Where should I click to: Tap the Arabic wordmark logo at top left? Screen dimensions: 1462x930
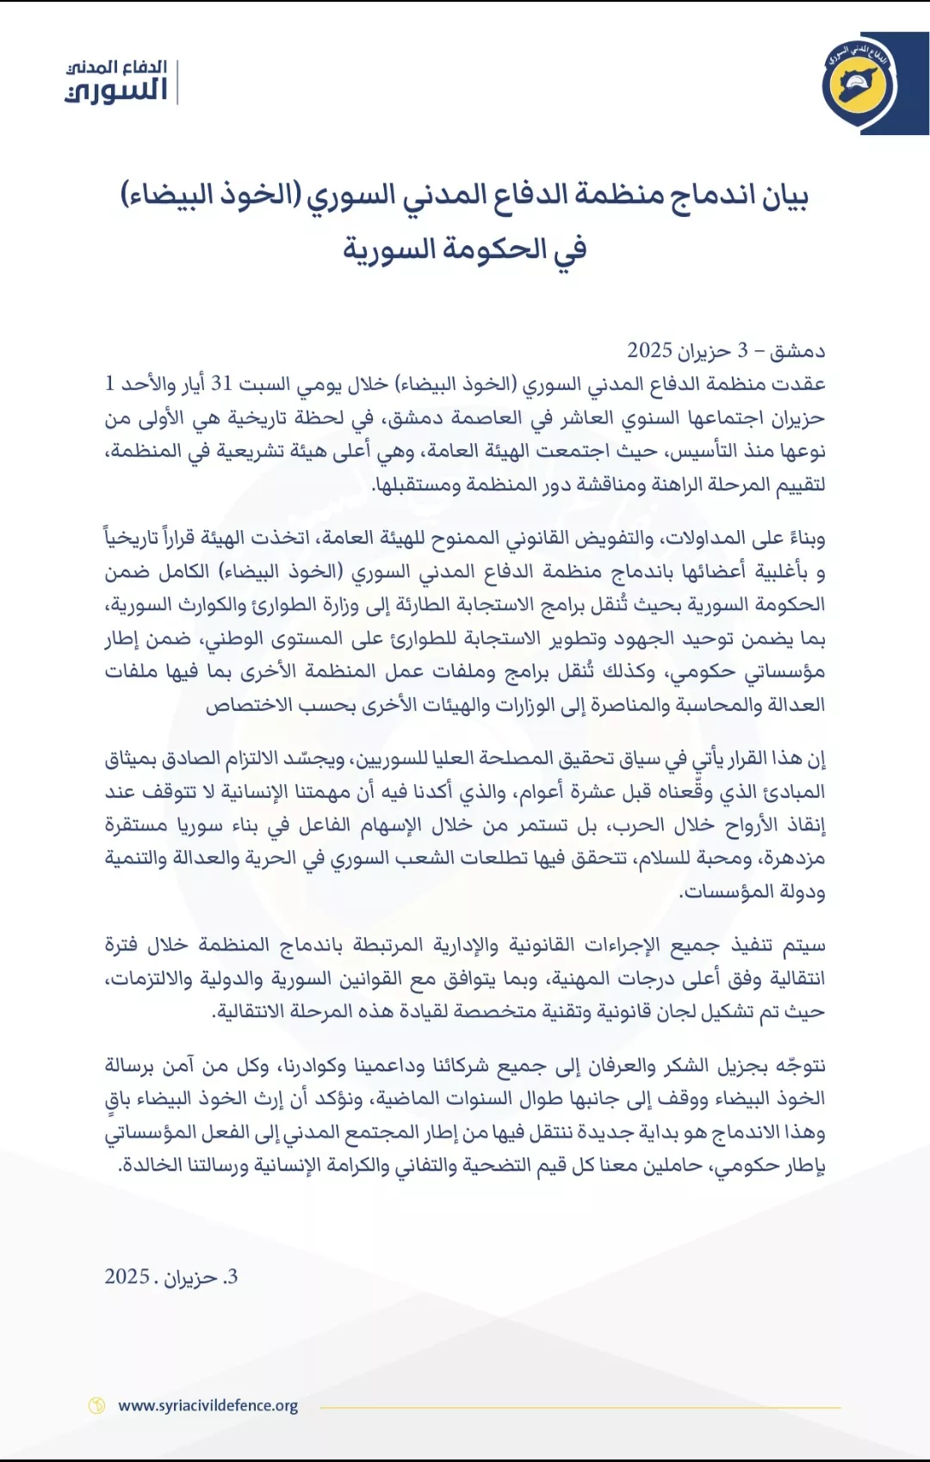click(116, 82)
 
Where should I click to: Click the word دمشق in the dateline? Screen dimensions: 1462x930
click(797, 351)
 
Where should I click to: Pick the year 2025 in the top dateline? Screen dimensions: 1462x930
click(649, 351)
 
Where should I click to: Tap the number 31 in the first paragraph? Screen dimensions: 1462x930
click(222, 384)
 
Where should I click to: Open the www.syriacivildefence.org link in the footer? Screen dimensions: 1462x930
click(208, 1406)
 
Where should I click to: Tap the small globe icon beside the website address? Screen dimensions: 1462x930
click(96, 1406)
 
